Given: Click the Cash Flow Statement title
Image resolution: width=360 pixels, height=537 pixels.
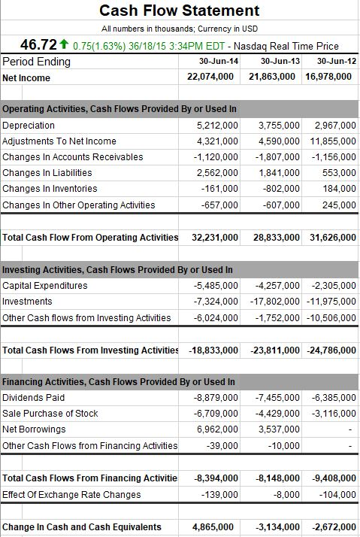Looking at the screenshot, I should click(180, 11).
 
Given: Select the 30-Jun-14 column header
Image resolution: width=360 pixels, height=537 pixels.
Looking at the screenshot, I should click(219, 61).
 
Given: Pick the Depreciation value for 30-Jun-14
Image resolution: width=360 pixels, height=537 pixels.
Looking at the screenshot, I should click(217, 126).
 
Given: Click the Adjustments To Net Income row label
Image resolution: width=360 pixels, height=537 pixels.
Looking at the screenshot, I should click(59, 141).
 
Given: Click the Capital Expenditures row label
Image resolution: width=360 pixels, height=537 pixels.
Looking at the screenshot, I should click(45, 286).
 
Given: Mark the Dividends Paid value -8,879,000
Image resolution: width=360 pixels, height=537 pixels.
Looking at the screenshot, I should click(216, 398).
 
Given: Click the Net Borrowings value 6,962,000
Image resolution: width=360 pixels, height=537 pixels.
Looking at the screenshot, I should click(218, 429).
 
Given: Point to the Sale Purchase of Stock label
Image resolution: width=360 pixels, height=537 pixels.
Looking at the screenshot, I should click(50, 414).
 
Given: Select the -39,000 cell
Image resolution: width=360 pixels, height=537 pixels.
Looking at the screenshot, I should click(223, 445).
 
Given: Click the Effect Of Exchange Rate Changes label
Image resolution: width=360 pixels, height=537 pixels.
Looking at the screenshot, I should click(71, 494).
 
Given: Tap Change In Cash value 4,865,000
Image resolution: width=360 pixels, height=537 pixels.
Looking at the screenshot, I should click(216, 527).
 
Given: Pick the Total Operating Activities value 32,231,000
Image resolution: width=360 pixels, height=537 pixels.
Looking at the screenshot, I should click(215, 237).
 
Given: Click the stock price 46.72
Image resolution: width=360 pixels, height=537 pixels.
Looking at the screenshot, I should click(33, 46).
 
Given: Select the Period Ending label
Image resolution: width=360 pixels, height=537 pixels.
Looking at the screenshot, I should click(37, 61).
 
